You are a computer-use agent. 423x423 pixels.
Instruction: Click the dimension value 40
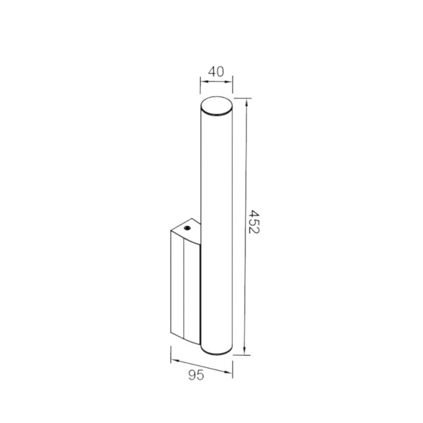pyautogui.click(x=216, y=71)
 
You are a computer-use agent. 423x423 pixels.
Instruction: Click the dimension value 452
pyautogui.click(x=253, y=222)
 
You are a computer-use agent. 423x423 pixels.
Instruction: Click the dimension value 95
pyautogui.click(x=196, y=375)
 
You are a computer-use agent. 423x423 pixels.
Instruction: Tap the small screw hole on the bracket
pyautogui.click(x=187, y=228)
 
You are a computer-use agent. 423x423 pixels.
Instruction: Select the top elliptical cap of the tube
pyautogui.click(x=216, y=106)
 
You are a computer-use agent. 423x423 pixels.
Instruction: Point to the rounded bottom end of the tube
pyautogui.click(x=216, y=352)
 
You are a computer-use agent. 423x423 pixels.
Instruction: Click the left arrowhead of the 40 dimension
pyautogui.click(x=204, y=81)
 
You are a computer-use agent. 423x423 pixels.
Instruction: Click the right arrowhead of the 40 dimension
pyautogui.click(x=229, y=81)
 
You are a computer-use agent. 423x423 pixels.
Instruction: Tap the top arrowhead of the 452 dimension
pyautogui.click(x=246, y=102)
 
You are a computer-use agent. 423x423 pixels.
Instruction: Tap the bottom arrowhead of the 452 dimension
pyautogui.click(x=244, y=351)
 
